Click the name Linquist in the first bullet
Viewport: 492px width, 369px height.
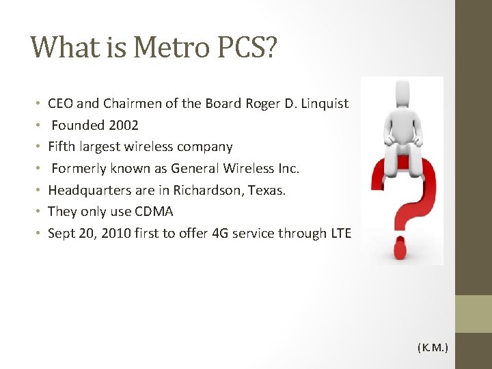tap(322, 104)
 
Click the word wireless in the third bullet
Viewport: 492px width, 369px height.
tap(141, 147)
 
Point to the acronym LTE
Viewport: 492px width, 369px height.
tap(340, 233)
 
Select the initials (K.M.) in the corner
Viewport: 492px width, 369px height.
tap(433, 348)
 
